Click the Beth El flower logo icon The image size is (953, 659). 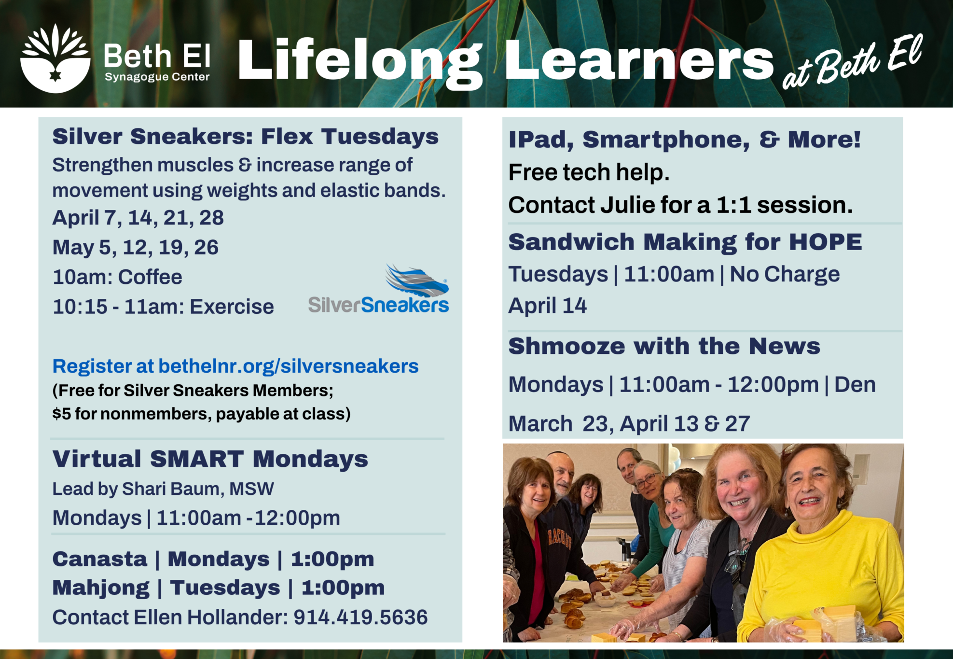pyautogui.click(x=55, y=58)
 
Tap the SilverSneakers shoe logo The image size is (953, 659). pyautogui.click(x=379, y=289)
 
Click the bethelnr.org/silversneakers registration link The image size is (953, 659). pyautogui.click(x=289, y=366)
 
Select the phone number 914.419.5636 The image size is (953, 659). pyautogui.click(x=360, y=617)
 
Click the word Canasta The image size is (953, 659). pyautogui.click(x=100, y=559)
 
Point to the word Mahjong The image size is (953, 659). pyautogui.click(x=101, y=588)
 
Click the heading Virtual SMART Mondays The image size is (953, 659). pyautogui.click(x=210, y=459)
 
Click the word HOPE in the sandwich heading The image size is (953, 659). pyautogui.click(x=826, y=242)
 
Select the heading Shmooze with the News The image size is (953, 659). pyautogui.click(x=664, y=346)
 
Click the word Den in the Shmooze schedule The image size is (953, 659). pyautogui.click(x=855, y=385)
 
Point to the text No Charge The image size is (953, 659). pyautogui.click(x=785, y=274)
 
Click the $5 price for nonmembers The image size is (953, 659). pyautogui.click(x=61, y=414)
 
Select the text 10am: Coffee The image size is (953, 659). pyautogui.click(x=117, y=277)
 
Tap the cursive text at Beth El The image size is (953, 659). pyautogui.click(x=852, y=61)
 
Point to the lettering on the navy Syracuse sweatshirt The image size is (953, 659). pyautogui.click(x=560, y=537)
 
